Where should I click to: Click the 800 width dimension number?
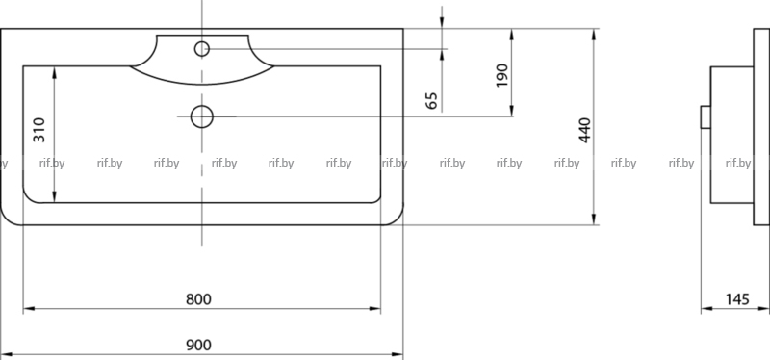coord(198,299)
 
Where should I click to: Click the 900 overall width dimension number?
coord(198,346)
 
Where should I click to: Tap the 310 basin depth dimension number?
coord(39,130)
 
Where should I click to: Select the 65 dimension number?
coord(431,101)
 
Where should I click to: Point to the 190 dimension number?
coord(501,75)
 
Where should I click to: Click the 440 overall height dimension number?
coord(585,130)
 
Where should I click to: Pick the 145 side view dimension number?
coord(737,299)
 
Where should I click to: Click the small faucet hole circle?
coord(202,49)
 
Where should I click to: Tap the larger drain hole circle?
coord(202,116)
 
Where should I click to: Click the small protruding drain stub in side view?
coord(706,116)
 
